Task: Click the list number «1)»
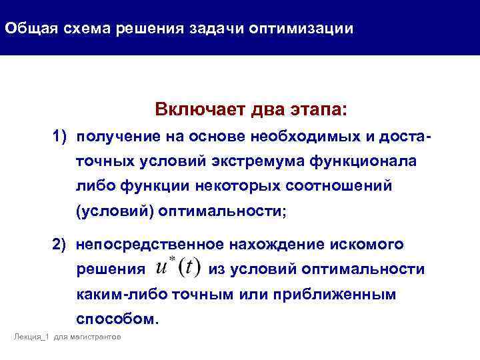[x=61, y=137]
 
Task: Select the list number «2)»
[x=61, y=245]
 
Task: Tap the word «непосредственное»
[x=148, y=245]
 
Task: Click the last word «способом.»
[x=118, y=318]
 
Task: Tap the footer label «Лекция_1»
[x=31, y=338]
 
